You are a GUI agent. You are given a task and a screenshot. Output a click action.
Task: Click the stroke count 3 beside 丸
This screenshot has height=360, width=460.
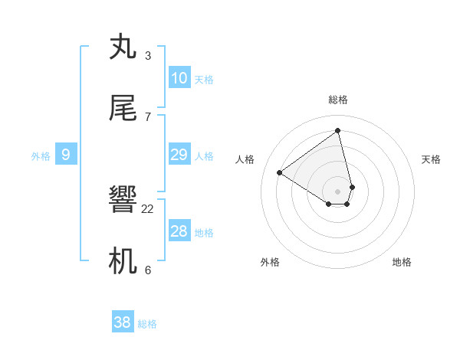click(x=147, y=56)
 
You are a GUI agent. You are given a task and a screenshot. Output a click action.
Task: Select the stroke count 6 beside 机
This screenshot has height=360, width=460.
click(x=147, y=270)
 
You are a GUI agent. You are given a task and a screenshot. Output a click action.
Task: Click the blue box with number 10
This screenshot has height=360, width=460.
click(x=179, y=78)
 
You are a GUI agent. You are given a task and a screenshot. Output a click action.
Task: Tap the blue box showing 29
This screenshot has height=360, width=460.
click(x=179, y=155)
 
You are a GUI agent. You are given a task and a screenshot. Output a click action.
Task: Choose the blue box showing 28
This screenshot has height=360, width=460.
click(x=179, y=231)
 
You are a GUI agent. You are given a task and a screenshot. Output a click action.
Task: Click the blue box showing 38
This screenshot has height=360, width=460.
click(x=122, y=322)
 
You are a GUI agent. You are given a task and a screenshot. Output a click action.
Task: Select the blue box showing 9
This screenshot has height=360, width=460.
click(x=66, y=155)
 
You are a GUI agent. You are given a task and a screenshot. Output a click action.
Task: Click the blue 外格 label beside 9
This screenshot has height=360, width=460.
click(x=41, y=156)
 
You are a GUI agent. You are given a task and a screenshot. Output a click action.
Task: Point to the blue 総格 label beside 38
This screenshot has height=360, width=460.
click(x=147, y=324)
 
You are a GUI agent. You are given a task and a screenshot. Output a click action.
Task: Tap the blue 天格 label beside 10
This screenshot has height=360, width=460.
click(x=204, y=80)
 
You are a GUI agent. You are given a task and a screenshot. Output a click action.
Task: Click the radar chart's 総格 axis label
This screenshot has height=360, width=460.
click(x=338, y=100)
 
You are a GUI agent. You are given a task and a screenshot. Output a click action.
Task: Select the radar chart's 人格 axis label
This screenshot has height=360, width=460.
click(x=245, y=159)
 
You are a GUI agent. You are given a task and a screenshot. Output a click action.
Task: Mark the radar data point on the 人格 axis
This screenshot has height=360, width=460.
click(x=280, y=172)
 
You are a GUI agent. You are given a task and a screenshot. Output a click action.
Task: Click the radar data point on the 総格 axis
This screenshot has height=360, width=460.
click(x=338, y=131)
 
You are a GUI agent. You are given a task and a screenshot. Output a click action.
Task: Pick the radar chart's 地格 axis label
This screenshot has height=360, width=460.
click(x=402, y=262)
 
